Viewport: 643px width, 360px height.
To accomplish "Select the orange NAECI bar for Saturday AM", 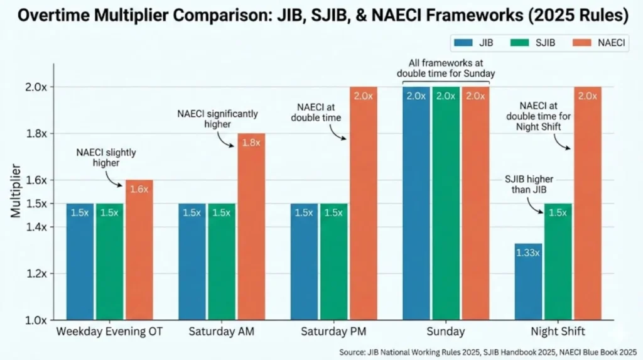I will (x=251, y=226).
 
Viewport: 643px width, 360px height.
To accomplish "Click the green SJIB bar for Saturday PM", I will (x=333, y=261).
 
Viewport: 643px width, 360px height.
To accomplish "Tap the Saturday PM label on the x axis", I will (x=333, y=331).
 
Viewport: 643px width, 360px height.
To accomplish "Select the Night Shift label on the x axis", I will (x=558, y=331).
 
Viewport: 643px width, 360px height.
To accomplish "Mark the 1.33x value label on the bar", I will (x=528, y=253).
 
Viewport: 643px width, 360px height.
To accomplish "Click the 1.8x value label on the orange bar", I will (x=251, y=143).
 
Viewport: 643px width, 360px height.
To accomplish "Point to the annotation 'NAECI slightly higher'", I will (x=105, y=157).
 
